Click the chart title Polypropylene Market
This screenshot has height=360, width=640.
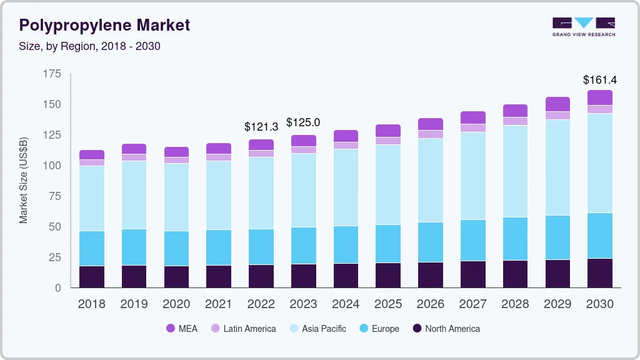(x=104, y=26)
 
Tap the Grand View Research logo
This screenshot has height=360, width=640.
(x=583, y=27)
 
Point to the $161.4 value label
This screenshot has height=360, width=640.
(x=599, y=80)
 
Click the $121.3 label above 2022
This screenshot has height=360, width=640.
(x=261, y=127)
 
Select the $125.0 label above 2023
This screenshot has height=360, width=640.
(x=303, y=122)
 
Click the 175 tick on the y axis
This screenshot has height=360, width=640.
(x=52, y=74)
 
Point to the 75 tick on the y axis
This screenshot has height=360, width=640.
(x=55, y=196)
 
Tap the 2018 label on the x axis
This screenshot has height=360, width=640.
(x=92, y=304)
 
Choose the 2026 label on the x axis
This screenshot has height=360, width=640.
(x=431, y=304)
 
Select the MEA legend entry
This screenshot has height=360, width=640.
(x=182, y=329)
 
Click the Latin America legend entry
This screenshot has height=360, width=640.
(x=243, y=329)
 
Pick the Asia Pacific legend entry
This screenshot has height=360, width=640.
(x=317, y=329)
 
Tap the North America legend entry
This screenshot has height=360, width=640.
(x=446, y=329)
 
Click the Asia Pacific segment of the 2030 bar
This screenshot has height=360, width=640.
(x=600, y=163)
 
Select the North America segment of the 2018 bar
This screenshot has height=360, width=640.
(x=92, y=277)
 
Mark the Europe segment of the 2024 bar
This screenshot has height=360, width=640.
(x=346, y=244)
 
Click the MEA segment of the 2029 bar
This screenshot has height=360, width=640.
(x=557, y=104)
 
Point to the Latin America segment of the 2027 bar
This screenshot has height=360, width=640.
(x=473, y=128)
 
